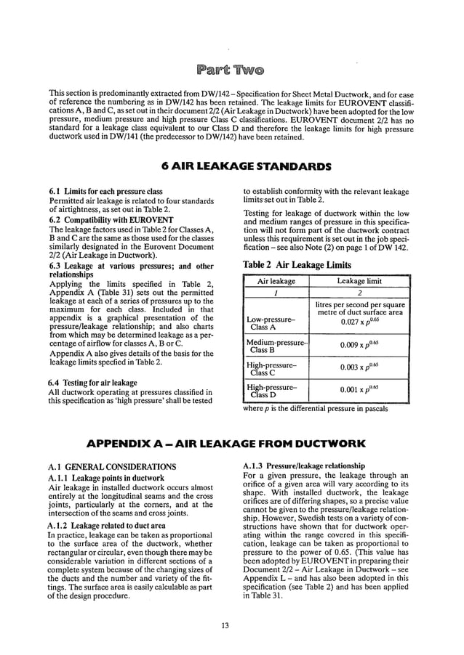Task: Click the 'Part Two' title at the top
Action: pyautogui.click(x=231, y=70)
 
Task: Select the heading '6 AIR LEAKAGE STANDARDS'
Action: pyautogui.click(x=231, y=166)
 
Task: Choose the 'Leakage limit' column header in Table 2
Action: pyautogui.click(x=361, y=280)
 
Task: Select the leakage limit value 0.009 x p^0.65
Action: pyautogui.click(x=361, y=346)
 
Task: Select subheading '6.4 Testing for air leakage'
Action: pyautogui.click(x=92, y=382)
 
